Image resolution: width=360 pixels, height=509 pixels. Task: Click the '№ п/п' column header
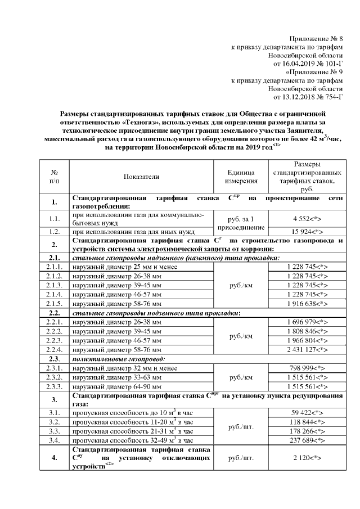55,177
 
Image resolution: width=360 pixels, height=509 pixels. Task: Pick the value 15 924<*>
307,231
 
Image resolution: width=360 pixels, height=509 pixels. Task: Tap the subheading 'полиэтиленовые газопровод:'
116,359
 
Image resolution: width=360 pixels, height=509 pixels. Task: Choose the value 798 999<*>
307,368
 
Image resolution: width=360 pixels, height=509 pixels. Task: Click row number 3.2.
55,421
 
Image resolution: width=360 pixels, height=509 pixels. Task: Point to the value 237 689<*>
307,440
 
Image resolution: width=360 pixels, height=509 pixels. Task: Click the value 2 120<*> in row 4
307,459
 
